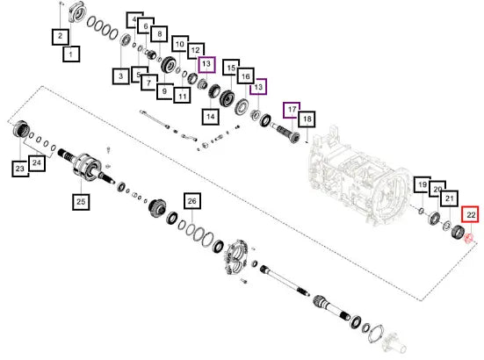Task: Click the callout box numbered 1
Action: click(71, 54)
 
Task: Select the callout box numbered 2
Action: click(61, 37)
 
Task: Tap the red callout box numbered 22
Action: click(470, 214)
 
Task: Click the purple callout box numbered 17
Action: click(292, 110)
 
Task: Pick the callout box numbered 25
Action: click(81, 202)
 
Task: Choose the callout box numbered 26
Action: click(192, 201)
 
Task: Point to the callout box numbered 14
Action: click(211, 117)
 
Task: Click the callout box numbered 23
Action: click(20, 169)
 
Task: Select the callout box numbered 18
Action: click(307, 119)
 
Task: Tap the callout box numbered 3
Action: click(121, 76)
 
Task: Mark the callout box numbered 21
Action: click(449, 199)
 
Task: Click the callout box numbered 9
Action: click(164, 91)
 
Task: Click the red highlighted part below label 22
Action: click(469, 238)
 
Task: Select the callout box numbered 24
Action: click(37, 163)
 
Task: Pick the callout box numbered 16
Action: click(246, 76)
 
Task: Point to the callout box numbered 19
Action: click(423, 184)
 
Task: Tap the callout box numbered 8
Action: click(159, 34)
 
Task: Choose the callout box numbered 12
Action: click(196, 50)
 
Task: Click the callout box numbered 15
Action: click(231, 68)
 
